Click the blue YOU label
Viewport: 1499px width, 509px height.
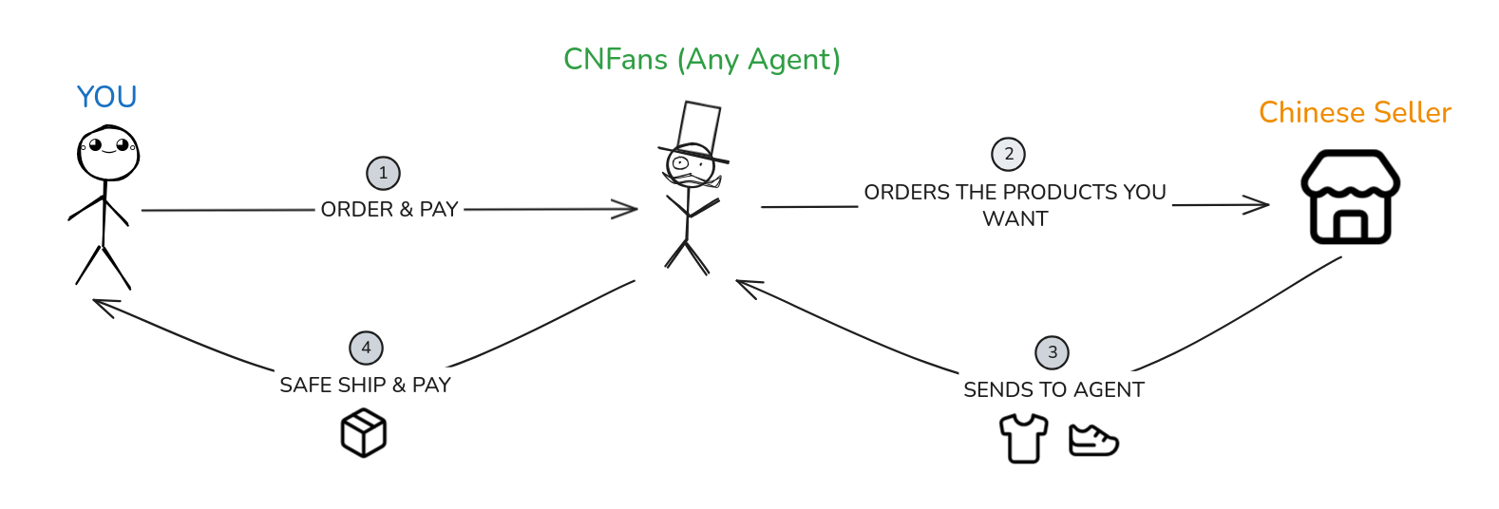pyautogui.click(x=106, y=97)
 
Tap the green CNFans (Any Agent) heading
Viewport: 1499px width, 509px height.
pyautogui.click(x=701, y=60)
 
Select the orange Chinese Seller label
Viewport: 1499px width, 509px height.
pyautogui.click(x=1355, y=113)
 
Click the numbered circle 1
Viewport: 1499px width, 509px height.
pyautogui.click(x=383, y=173)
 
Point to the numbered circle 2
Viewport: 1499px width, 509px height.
pyautogui.click(x=1008, y=154)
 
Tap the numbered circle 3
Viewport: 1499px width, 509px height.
pyautogui.click(x=1052, y=352)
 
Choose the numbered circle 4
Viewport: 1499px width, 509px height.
pyautogui.click(x=366, y=348)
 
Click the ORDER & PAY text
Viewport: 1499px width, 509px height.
pyautogui.click(x=389, y=210)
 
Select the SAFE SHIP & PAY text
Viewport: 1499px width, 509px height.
pyautogui.click(x=365, y=385)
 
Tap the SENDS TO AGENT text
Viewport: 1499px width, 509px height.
pyautogui.click(x=1053, y=389)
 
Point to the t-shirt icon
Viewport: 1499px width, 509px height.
pyautogui.click(x=1023, y=439)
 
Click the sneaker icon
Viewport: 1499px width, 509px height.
pyautogui.click(x=1093, y=441)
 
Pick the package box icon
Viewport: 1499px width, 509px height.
pyautogui.click(x=364, y=433)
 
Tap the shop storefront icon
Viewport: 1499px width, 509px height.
pyautogui.click(x=1350, y=198)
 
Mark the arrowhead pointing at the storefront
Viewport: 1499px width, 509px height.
pyautogui.click(x=1259, y=204)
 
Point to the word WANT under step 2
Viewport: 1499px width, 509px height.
pyautogui.click(x=1015, y=219)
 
